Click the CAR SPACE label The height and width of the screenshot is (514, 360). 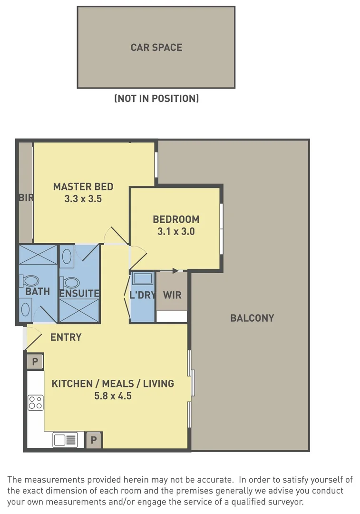156,48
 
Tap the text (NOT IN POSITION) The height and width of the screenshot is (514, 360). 156,99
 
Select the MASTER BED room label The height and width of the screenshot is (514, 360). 83,187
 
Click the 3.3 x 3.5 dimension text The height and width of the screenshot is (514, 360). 83,198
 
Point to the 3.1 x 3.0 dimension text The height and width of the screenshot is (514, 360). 176,231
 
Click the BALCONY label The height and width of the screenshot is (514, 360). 252,318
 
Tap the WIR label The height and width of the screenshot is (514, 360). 172,295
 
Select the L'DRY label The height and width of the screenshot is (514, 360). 143,295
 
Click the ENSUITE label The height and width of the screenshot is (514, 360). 79,293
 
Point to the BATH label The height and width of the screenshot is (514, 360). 38,291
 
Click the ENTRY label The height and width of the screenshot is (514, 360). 66,337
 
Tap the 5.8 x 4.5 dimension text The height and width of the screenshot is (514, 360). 113,395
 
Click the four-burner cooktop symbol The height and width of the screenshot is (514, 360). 36,403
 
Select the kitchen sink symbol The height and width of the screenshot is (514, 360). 65,440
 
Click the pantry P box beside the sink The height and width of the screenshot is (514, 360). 94,440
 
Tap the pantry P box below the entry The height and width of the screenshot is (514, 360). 35,362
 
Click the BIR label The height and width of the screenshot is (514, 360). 26,198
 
